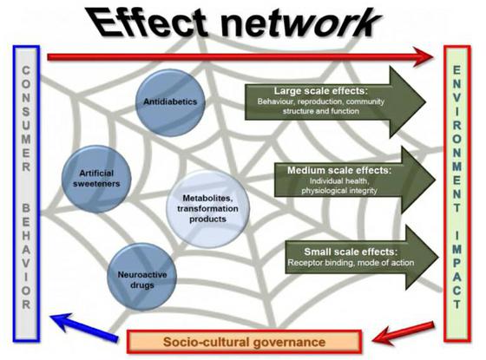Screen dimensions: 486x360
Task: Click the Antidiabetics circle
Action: coord(170,102)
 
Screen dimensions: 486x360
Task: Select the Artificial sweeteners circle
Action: coord(96,179)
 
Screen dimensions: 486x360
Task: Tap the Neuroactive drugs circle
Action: coord(142,277)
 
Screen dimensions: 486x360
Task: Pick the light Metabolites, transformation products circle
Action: coord(207,208)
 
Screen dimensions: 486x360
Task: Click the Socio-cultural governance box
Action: coord(244,342)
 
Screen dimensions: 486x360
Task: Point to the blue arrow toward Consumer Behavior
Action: coord(84,327)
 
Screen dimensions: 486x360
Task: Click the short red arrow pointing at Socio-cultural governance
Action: coord(404,333)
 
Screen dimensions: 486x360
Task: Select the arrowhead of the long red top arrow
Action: coord(424,56)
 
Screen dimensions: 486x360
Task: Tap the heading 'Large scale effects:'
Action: coord(320,91)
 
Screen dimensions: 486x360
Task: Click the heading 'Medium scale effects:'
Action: coord(339,170)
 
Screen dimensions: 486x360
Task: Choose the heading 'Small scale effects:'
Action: coord(351,252)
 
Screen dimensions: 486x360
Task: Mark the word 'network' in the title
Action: coord(299,23)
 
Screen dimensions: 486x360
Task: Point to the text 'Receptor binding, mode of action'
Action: coord(351,263)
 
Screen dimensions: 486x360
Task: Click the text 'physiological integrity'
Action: coord(339,191)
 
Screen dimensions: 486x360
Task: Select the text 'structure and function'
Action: coord(321,111)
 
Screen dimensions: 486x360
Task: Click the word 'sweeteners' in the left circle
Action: coord(96,184)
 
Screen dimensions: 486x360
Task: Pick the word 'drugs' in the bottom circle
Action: coord(142,285)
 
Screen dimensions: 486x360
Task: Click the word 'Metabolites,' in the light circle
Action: coord(207,199)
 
